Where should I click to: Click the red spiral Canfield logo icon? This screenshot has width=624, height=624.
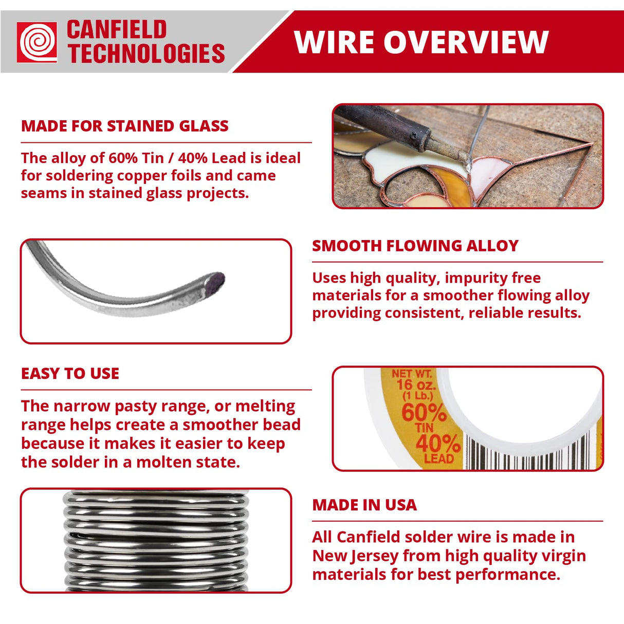[x=37, y=42]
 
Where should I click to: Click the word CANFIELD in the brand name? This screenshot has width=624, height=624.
[x=117, y=30]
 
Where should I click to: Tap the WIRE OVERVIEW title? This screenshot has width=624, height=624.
[x=421, y=42]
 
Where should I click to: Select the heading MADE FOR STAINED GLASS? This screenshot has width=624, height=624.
[x=125, y=126]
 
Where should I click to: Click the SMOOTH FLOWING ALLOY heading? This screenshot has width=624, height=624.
[x=415, y=246]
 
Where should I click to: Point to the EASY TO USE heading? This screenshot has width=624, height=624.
[x=70, y=374]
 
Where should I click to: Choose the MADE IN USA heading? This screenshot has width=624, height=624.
[x=364, y=505]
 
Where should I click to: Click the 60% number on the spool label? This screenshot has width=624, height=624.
[x=424, y=412]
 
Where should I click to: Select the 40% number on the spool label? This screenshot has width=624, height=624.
[x=437, y=443]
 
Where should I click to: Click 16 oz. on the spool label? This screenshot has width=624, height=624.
[x=415, y=384]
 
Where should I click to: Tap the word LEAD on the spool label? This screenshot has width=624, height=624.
[x=438, y=458]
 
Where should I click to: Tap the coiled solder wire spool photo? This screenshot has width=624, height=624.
[x=156, y=541]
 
